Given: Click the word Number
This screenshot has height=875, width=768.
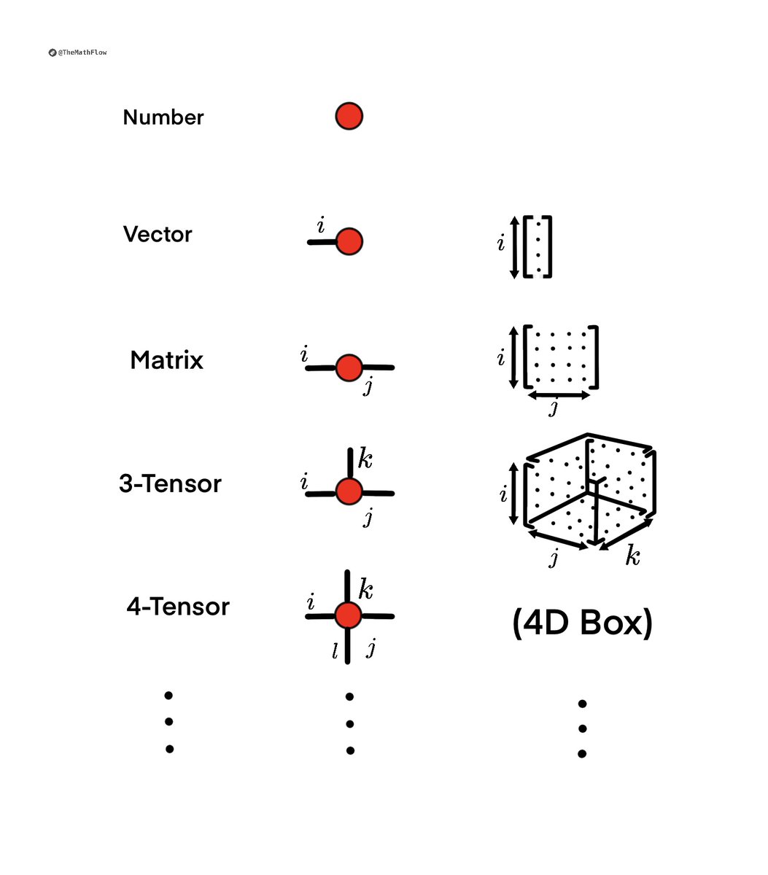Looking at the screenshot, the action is pyautogui.click(x=163, y=117).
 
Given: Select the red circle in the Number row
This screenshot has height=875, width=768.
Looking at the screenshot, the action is pyautogui.click(x=349, y=116).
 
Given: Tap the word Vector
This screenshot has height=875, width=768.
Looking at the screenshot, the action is pyautogui.click(x=158, y=235).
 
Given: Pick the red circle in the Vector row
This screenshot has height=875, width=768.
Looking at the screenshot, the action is pyautogui.click(x=349, y=241).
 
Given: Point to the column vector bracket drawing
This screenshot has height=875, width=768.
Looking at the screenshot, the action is pyautogui.click(x=538, y=246).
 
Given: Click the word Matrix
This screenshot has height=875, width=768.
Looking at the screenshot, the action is pyautogui.click(x=166, y=360).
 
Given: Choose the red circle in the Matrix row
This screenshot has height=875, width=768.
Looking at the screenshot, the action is pyautogui.click(x=349, y=368).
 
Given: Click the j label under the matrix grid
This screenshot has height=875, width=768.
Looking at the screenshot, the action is pyautogui.click(x=554, y=408).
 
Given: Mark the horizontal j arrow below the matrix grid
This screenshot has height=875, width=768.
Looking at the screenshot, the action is pyautogui.click(x=559, y=395).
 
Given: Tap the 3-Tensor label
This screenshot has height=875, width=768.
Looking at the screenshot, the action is pyautogui.click(x=170, y=484).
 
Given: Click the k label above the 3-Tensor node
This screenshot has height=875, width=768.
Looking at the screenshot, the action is pyautogui.click(x=365, y=460).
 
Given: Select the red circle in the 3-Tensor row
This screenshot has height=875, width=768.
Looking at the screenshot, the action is pyautogui.click(x=349, y=491).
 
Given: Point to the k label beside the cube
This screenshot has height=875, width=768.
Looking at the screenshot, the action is pyautogui.click(x=632, y=557).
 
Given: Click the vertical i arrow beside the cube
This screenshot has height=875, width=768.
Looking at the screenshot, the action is pyautogui.click(x=515, y=494).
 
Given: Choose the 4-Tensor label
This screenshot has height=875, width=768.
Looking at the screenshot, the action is pyautogui.click(x=178, y=607).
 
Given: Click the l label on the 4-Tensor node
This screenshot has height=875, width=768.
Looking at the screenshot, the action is pyautogui.click(x=335, y=651).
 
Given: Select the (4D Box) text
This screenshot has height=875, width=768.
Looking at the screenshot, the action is pyautogui.click(x=582, y=623).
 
